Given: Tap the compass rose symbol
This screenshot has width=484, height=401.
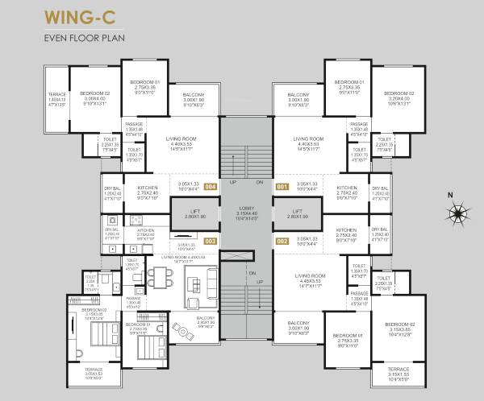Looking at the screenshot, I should click(x=459, y=214).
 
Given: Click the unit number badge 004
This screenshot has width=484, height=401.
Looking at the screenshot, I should click(x=211, y=187).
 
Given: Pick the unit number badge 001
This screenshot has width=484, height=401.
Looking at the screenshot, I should click(x=282, y=187).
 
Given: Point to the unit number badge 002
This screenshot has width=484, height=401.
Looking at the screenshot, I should click(x=282, y=241).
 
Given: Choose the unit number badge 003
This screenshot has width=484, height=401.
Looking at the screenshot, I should click(x=211, y=241).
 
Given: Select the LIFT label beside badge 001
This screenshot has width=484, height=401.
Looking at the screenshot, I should click(x=298, y=213).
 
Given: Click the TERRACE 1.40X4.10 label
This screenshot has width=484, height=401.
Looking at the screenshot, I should click(x=56, y=97).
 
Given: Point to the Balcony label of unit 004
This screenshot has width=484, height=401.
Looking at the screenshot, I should click(x=194, y=97).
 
